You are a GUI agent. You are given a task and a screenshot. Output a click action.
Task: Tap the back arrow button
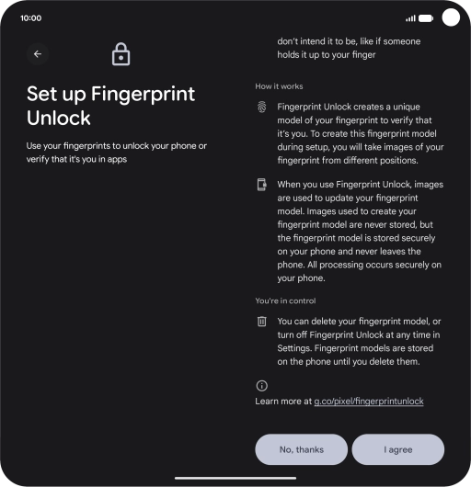tap(38, 54)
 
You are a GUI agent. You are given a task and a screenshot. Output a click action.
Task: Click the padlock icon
tap(121, 54)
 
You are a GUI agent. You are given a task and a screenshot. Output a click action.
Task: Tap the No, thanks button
tap(301, 449)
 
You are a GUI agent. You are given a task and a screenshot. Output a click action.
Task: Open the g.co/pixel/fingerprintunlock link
tap(369, 402)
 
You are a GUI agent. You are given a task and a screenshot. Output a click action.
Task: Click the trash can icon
tap(262, 322)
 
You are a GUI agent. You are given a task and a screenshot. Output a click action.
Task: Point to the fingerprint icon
tap(262, 108)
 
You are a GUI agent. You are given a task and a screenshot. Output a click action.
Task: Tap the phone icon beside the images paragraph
tap(262, 185)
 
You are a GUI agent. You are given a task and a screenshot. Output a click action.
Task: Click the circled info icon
tap(262, 386)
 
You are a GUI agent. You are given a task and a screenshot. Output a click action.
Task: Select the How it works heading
tap(279, 86)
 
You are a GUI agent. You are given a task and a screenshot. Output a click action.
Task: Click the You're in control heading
tap(285, 300)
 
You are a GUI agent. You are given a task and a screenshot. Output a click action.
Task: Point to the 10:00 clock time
tap(30, 18)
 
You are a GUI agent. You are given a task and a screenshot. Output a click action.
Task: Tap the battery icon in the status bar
tap(426, 18)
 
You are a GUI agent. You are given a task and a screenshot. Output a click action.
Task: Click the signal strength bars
tap(410, 18)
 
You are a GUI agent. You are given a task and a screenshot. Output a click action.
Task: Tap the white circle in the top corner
tap(451, 17)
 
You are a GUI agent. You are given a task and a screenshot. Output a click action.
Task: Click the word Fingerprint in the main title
tap(143, 94)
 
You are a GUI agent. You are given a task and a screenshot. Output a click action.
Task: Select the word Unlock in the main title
tap(59, 118)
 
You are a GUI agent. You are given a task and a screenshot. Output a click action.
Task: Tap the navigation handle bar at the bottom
tap(235, 479)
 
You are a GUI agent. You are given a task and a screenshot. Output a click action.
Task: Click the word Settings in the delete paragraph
tap(294, 348)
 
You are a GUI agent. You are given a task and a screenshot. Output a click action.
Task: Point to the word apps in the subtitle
tap(117, 160)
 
